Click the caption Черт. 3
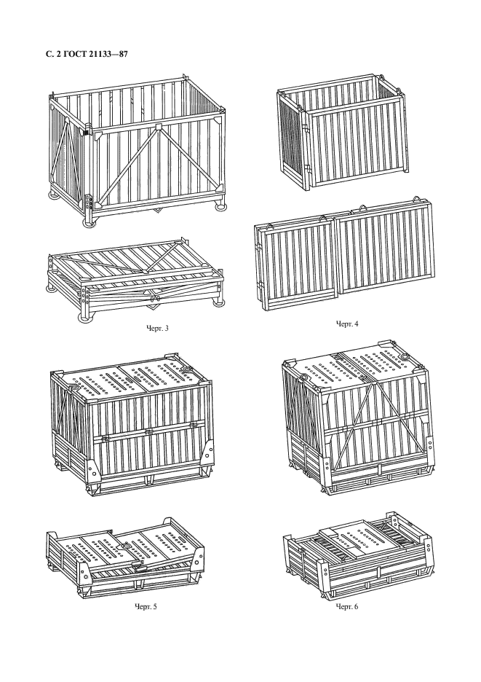pos(157,328)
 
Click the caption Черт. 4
pos(346,324)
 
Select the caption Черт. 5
pos(146,606)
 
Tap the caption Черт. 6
pos(346,606)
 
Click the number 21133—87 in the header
pos(107,55)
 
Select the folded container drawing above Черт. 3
pos(135,281)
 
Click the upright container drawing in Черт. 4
pos(343,132)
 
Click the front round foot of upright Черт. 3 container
pos(90,223)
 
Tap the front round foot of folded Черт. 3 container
pos(86,318)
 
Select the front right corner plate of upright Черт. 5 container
pos(208,453)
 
